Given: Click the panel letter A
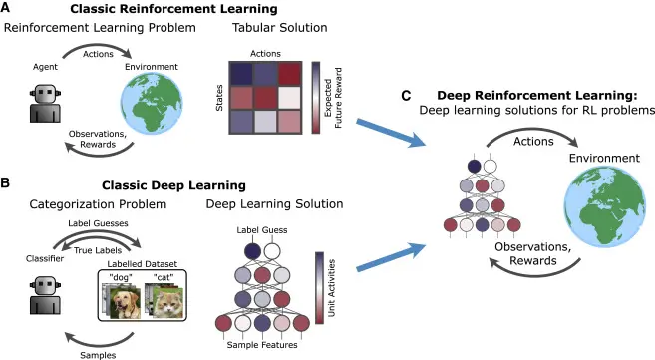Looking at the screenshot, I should [x=7, y=8].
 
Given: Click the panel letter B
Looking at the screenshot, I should [x=7, y=184].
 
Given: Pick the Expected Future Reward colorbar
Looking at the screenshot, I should [x=315, y=97].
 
